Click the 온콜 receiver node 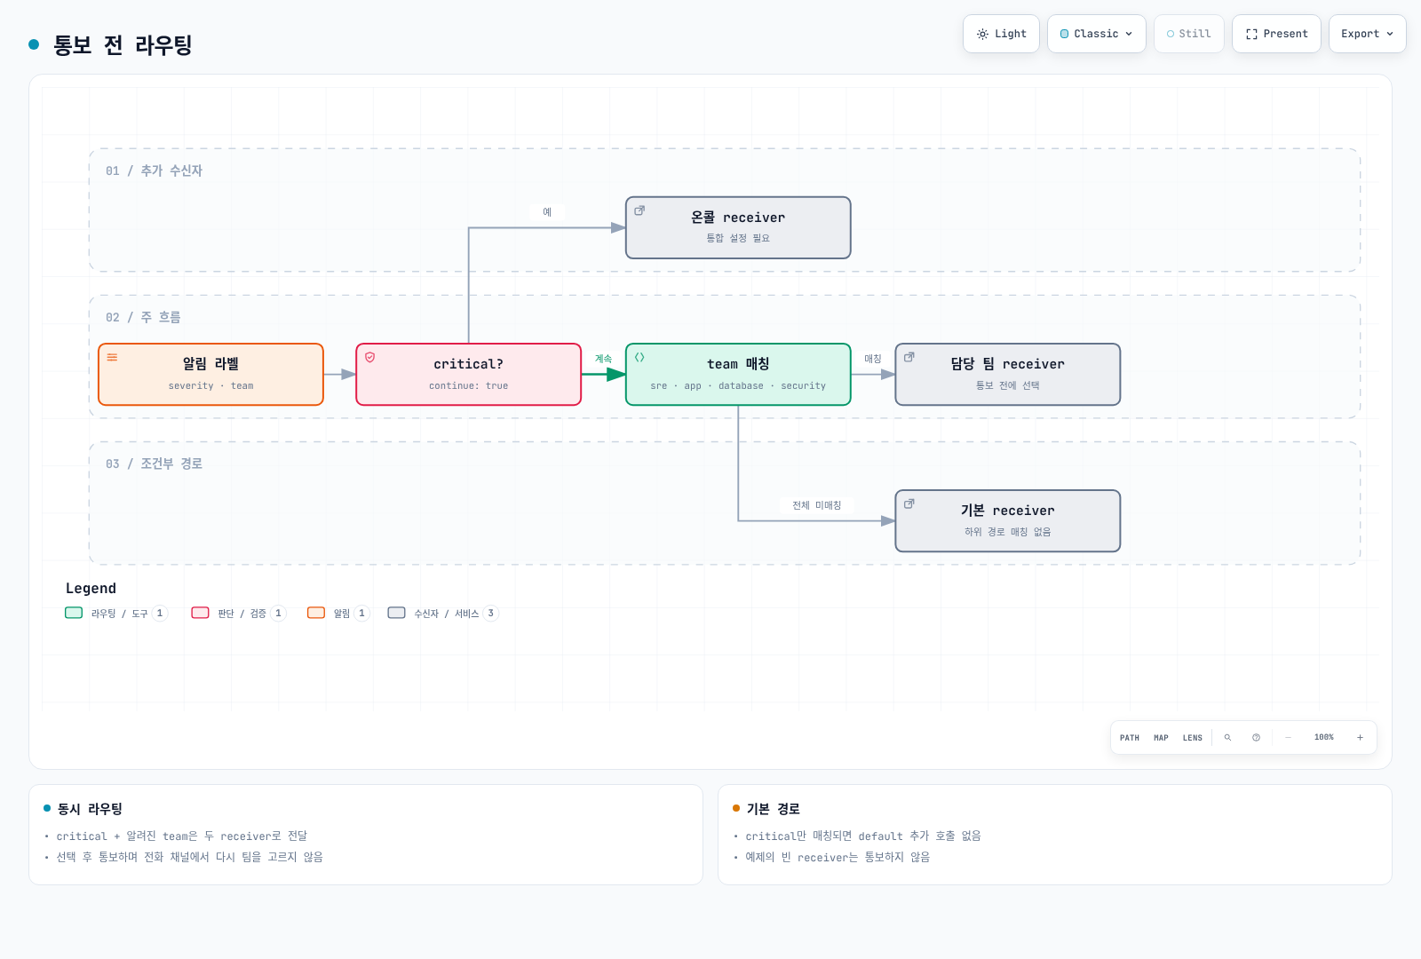(x=738, y=227)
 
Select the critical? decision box (x=468, y=374)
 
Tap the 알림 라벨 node (x=210, y=374)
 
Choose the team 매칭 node (x=738, y=374)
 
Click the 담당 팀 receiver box (x=1007, y=374)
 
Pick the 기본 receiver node (x=1007, y=520)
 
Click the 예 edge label (x=547, y=212)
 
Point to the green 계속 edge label (x=603, y=359)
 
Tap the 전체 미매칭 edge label (x=816, y=505)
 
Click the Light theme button (x=1001, y=34)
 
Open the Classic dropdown (x=1096, y=34)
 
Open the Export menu (x=1367, y=34)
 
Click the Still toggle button (x=1189, y=34)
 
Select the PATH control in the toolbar (x=1129, y=738)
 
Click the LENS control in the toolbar (x=1192, y=738)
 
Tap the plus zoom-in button (x=1360, y=738)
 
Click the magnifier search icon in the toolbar (x=1227, y=738)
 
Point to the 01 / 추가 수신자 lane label (x=155, y=170)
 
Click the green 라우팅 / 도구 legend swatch (x=74, y=613)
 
